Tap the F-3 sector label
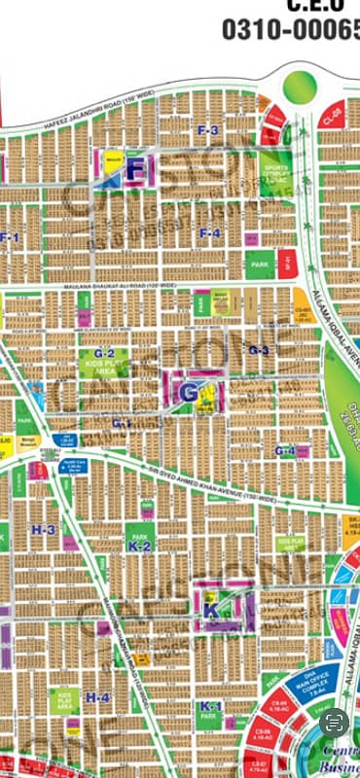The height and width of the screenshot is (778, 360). [x=208, y=129]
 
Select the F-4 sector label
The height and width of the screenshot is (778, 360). [x=210, y=232]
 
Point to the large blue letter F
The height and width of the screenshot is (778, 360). [x=136, y=171]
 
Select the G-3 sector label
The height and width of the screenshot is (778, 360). [x=258, y=349]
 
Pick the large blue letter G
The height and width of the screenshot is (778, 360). [x=188, y=393]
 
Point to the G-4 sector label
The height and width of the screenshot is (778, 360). [x=284, y=450]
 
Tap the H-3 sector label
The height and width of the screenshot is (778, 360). [x=43, y=529]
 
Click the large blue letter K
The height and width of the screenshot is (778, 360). [x=211, y=611]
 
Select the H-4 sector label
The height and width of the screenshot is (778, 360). [x=97, y=696]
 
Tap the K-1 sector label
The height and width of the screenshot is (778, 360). [x=208, y=705]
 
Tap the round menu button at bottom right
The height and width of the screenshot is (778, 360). [x=334, y=722]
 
